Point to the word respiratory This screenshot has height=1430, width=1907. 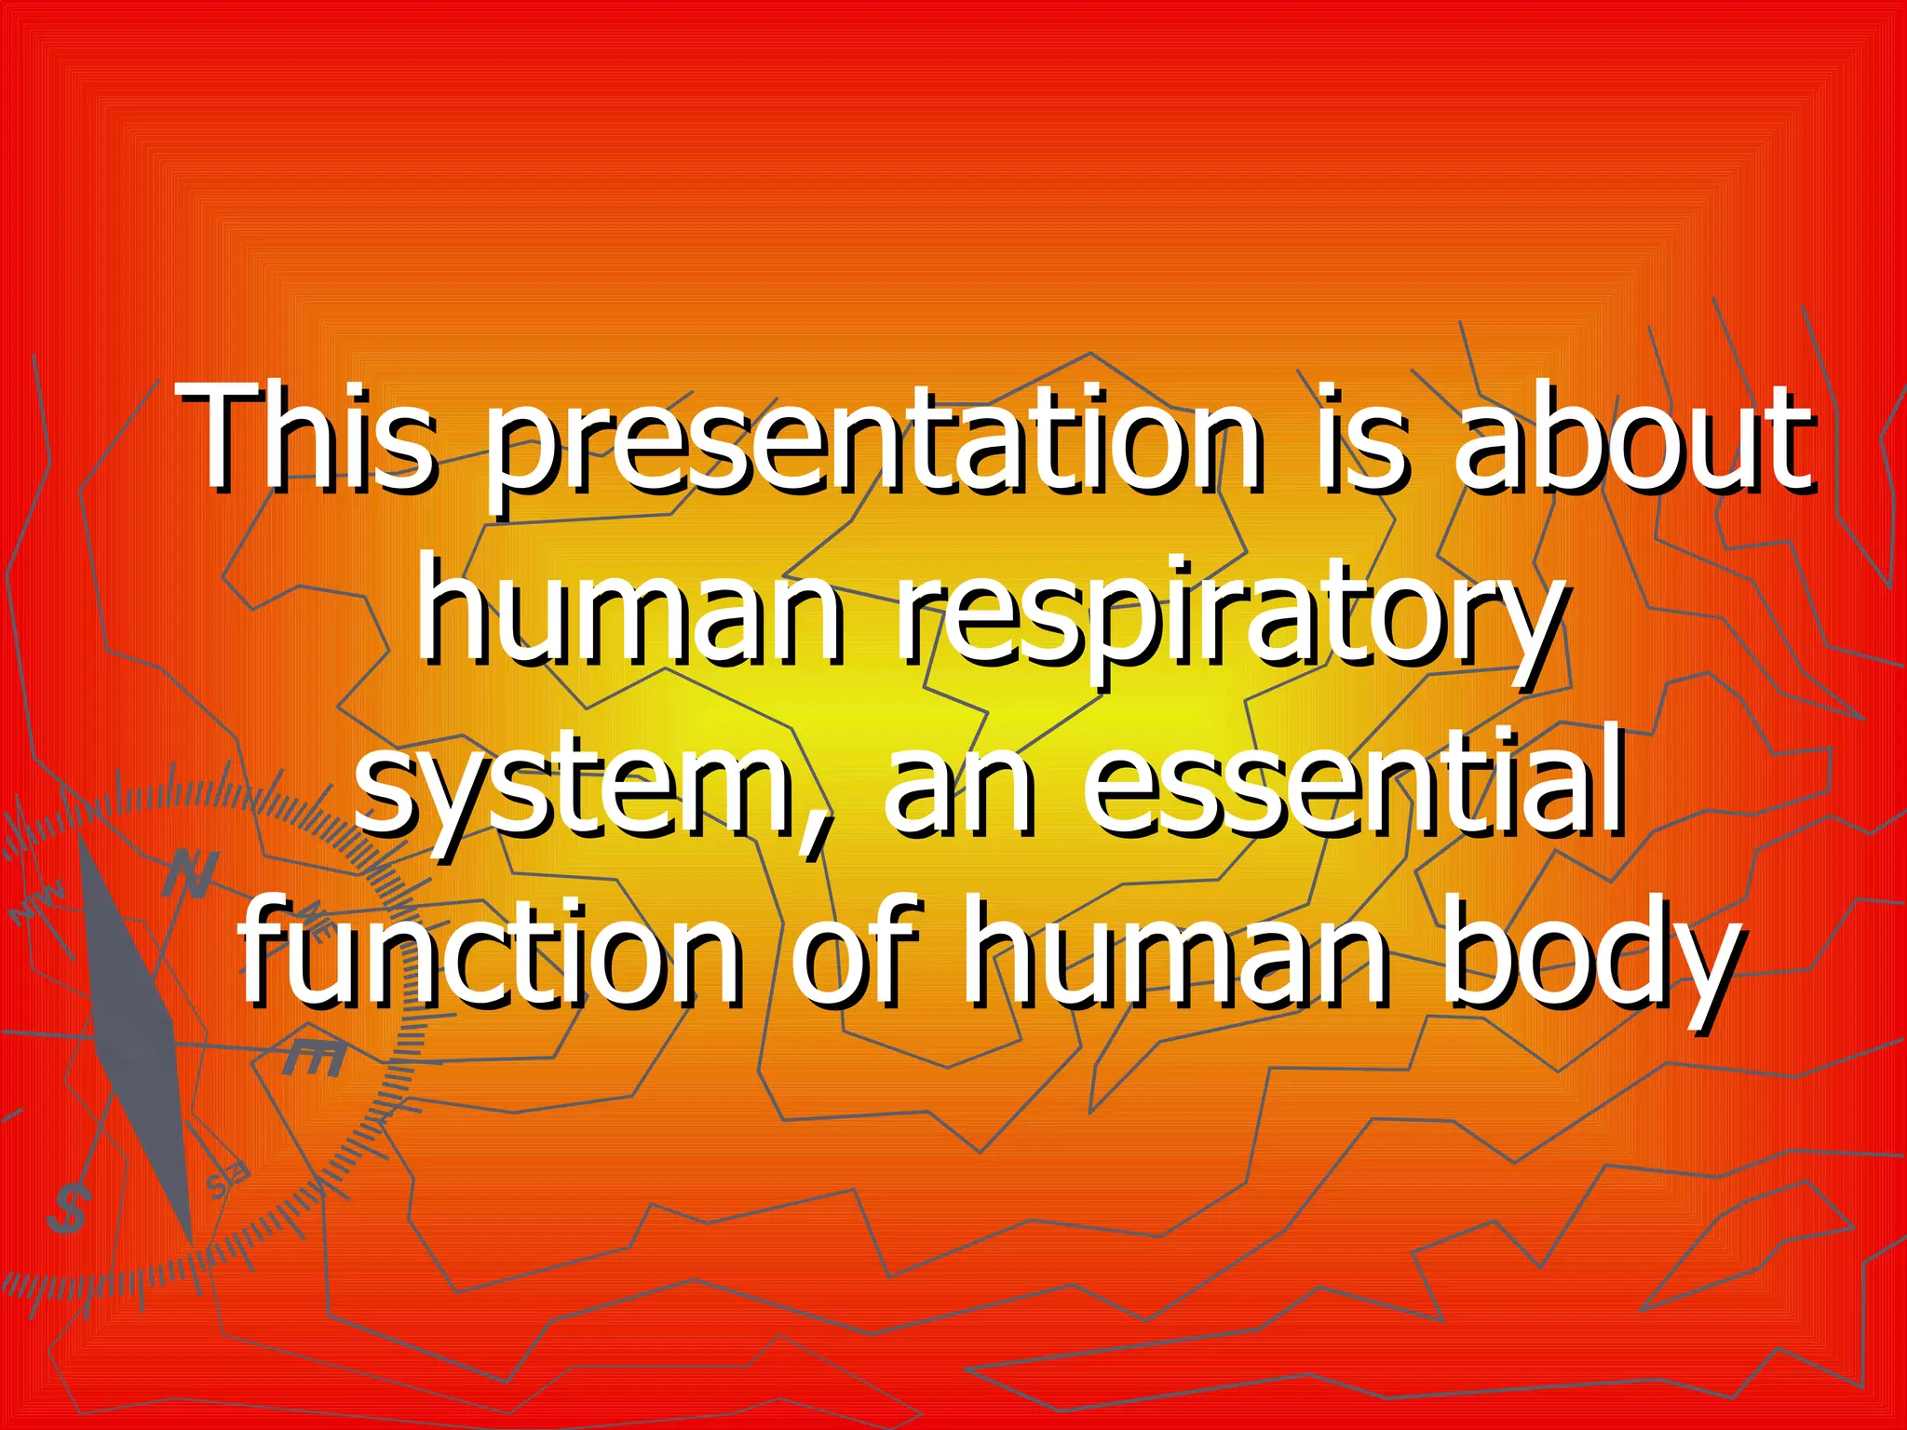(1229, 614)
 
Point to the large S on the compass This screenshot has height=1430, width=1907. (68, 1207)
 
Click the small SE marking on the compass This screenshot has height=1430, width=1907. (228, 1181)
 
